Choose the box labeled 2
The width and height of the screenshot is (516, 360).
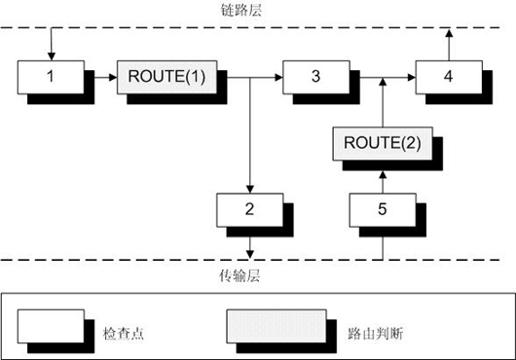250,208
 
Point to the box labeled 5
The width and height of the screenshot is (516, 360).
382,208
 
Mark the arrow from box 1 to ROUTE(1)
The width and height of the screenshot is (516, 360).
102,74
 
